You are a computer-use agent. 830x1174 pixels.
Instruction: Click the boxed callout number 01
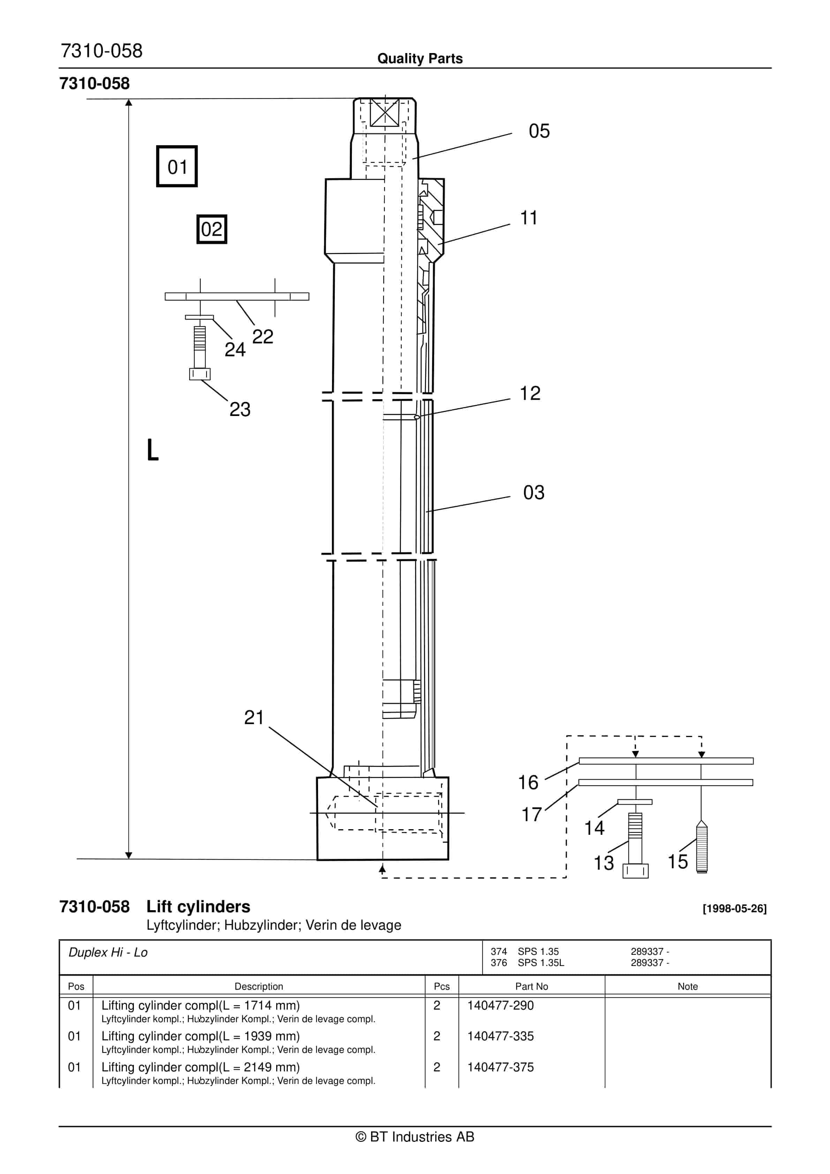(177, 167)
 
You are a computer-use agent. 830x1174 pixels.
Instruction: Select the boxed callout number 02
(212, 229)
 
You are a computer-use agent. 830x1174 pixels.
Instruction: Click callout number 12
(530, 393)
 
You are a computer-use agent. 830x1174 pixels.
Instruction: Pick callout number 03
(534, 492)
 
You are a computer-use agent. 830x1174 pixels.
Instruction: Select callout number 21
(254, 718)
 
